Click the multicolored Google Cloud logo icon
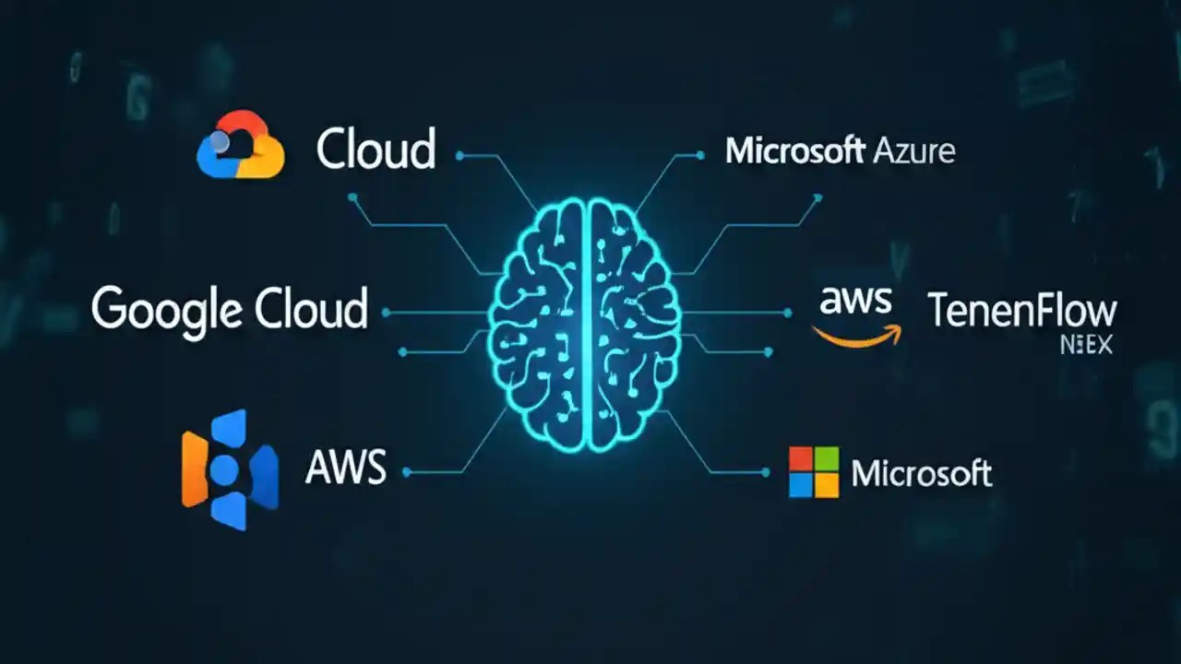click(x=240, y=145)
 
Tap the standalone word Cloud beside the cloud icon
click(x=376, y=149)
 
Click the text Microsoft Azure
click(x=840, y=150)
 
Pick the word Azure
click(x=912, y=150)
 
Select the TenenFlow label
click(x=1022, y=311)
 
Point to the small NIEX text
click(x=1086, y=346)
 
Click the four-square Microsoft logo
click(x=814, y=472)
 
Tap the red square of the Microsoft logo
click(x=801, y=459)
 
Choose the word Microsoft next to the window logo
click(x=921, y=473)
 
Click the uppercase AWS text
click(x=346, y=468)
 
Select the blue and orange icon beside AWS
click(x=229, y=469)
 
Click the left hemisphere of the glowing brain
click(x=537, y=323)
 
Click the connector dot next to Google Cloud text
click(x=386, y=314)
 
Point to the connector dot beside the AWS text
click(x=407, y=472)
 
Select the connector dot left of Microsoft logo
click(x=765, y=472)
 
